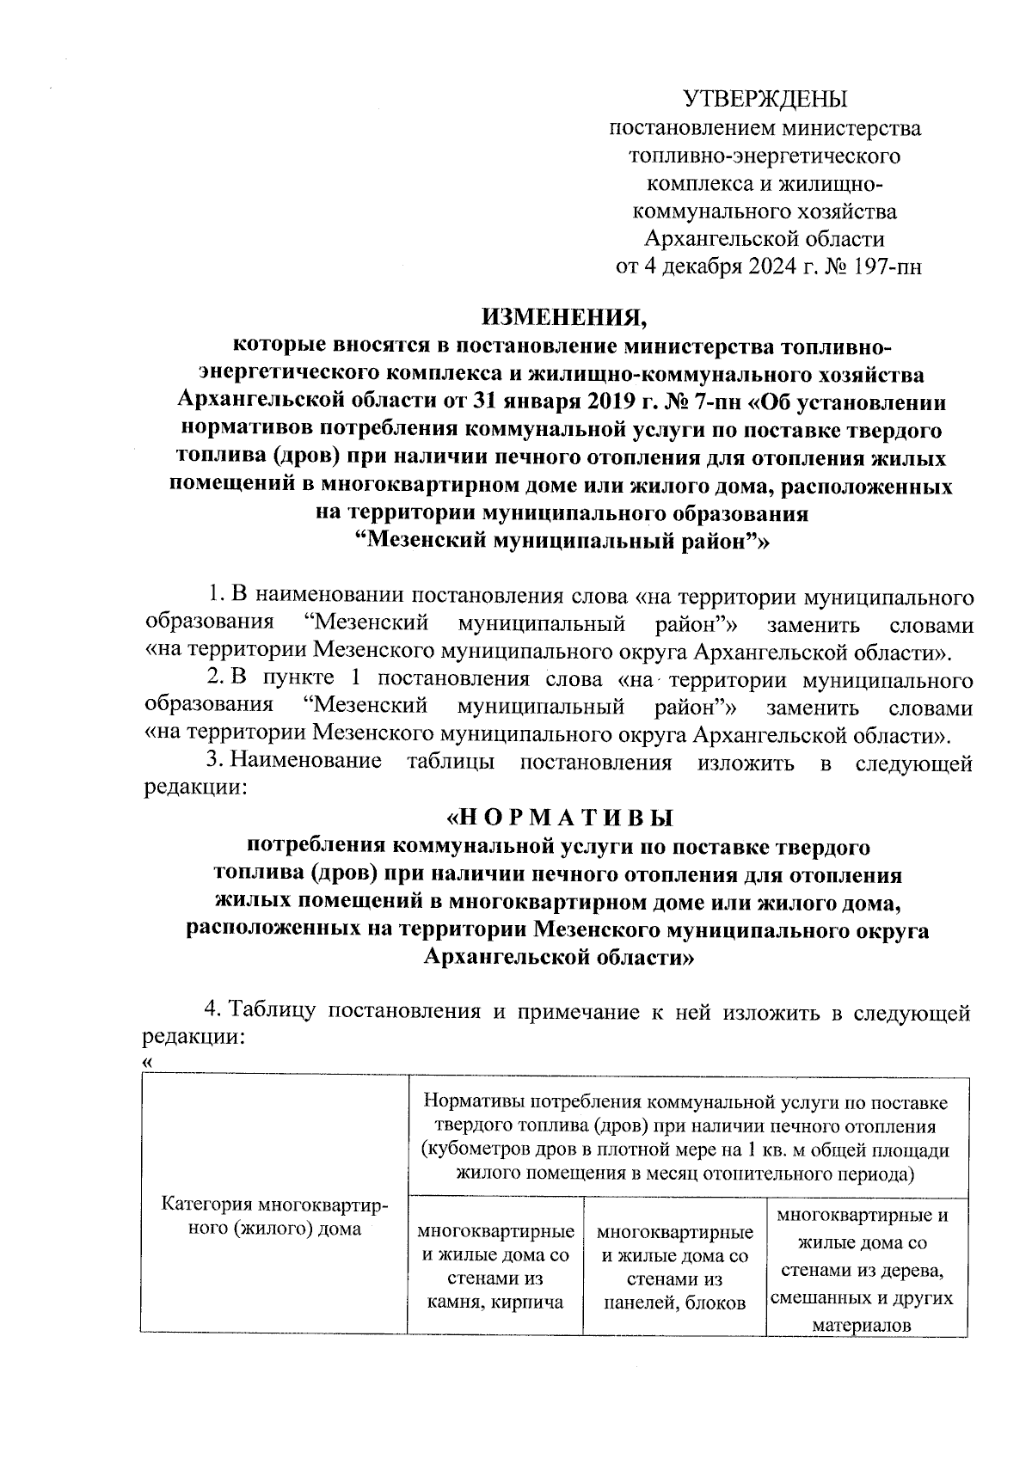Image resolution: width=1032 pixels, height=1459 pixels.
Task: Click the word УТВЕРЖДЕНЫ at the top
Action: click(765, 98)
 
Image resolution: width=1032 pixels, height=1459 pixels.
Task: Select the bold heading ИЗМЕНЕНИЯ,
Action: click(563, 319)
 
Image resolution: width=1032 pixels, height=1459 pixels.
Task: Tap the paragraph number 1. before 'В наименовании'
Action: click(218, 595)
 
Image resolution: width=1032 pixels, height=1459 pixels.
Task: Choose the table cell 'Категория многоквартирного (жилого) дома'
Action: click(274, 1217)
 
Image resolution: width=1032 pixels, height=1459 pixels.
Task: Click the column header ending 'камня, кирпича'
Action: click(495, 1267)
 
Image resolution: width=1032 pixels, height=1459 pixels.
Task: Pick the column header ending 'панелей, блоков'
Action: click(674, 1267)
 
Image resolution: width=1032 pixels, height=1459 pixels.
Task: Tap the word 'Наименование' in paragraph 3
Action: click(307, 762)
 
